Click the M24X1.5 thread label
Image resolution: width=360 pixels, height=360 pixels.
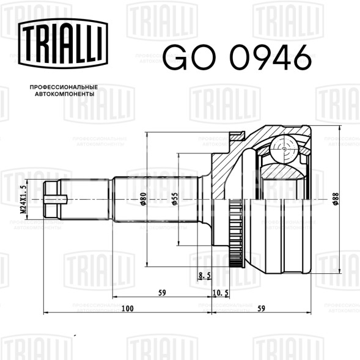(x=24, y=199)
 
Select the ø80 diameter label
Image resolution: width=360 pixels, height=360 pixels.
(x=143, y=199)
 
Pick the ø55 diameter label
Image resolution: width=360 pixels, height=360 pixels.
(x=174, y=199)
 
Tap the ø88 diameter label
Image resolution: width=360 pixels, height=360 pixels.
(x=336, y=199)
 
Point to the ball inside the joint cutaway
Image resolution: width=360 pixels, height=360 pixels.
(x=285, y=147)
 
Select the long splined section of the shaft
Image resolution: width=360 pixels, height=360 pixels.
(x=156, y=199)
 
